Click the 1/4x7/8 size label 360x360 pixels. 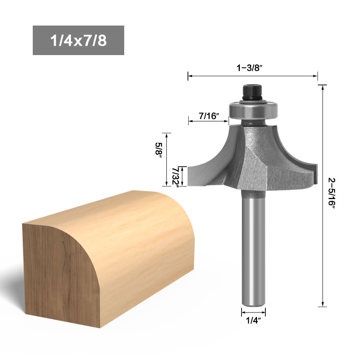[x=78, y=40]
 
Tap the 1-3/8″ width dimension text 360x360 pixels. [x=249, y=68]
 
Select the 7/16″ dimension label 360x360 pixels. [x=209, y=116]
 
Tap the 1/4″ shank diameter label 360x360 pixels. [x=253, y=320]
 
